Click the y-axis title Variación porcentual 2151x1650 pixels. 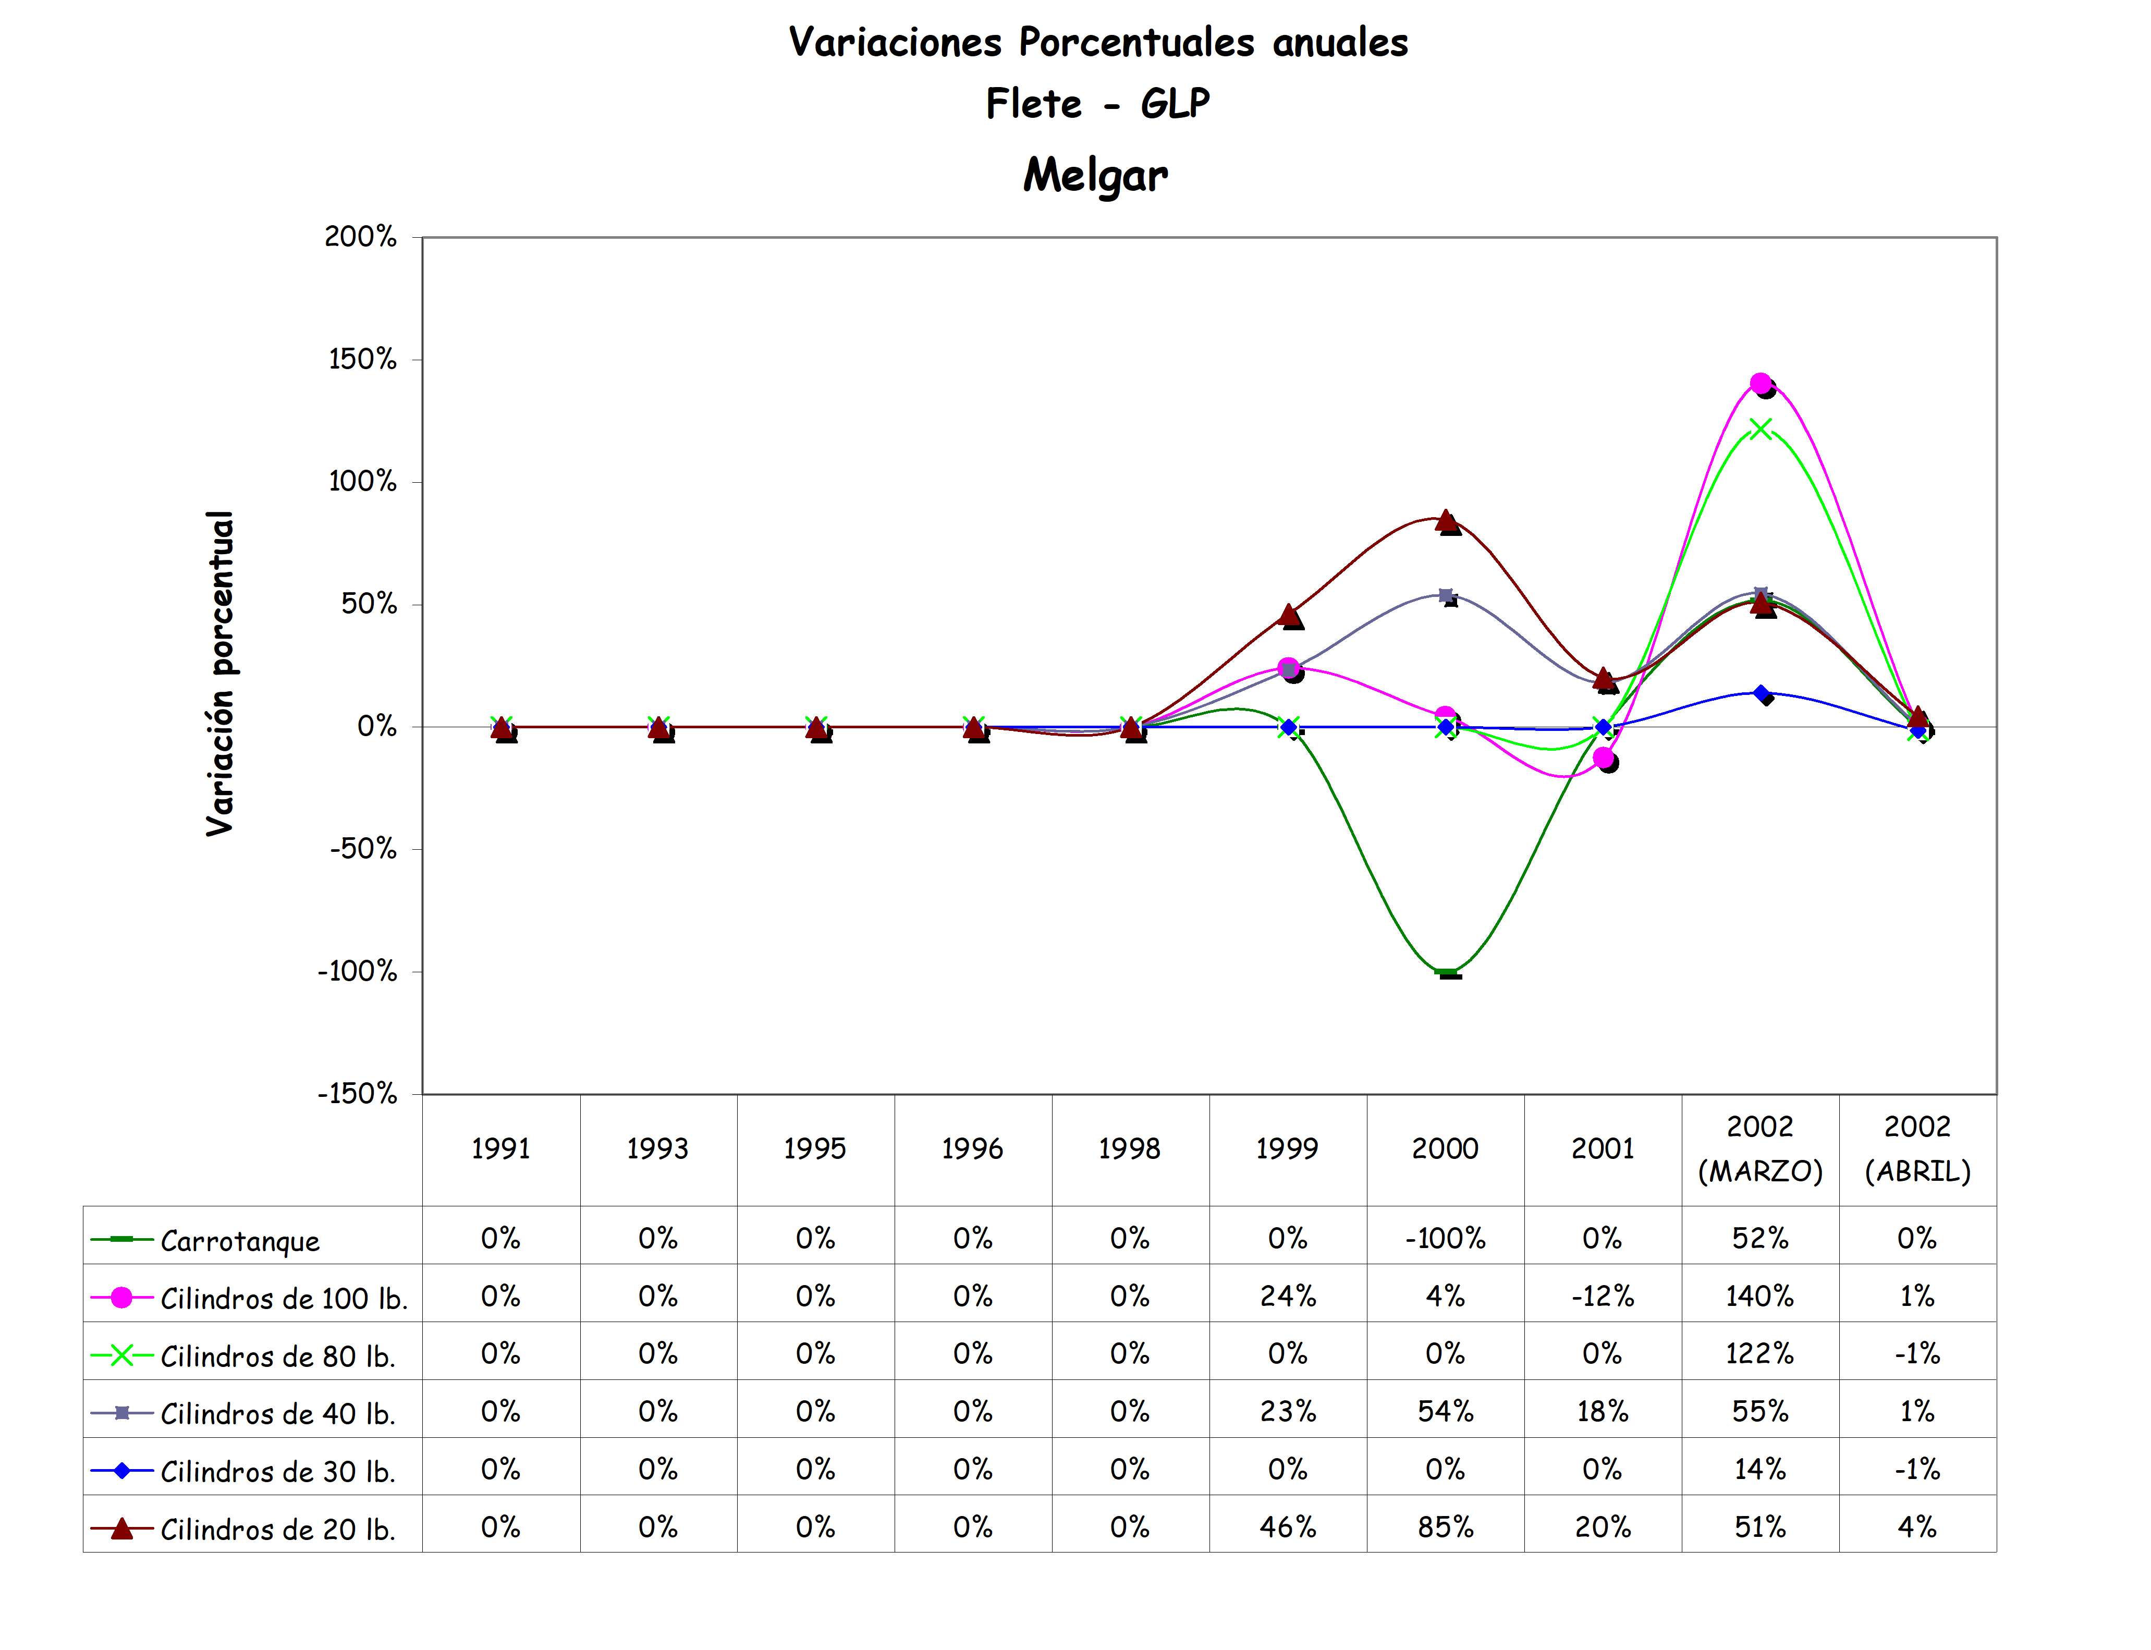pyautogui.click(x=220, y=674)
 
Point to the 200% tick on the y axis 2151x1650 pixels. pyautogui.click(x=360, y=237)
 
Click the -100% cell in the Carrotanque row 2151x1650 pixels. pyautogui.click(x=1445, y=1239)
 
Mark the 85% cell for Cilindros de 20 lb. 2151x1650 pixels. pyautogui.click(x=1445, y=1527)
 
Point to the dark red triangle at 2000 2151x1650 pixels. pyautogui.click(x=1446, y=520)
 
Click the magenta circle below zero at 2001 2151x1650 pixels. pyautogui.click(x=1603, y=758)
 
